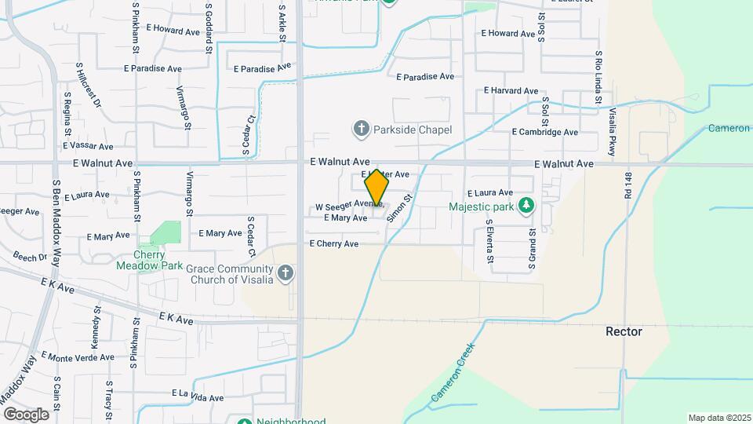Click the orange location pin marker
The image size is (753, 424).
pos(376,187)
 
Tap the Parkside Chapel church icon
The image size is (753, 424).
pos(361,129)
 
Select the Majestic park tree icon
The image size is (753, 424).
pos(527,207)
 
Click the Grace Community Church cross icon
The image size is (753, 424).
pos(286,273)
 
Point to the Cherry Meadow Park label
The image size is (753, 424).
pos(150,261)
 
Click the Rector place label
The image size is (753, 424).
pos(624,331)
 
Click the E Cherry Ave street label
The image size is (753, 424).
pos(333,244)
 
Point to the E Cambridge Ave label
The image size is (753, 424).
pos(544,133)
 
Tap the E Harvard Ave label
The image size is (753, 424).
pos(511,91)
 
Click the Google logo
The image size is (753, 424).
pos(26,414)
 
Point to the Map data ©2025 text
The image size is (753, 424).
pos(718,418)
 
